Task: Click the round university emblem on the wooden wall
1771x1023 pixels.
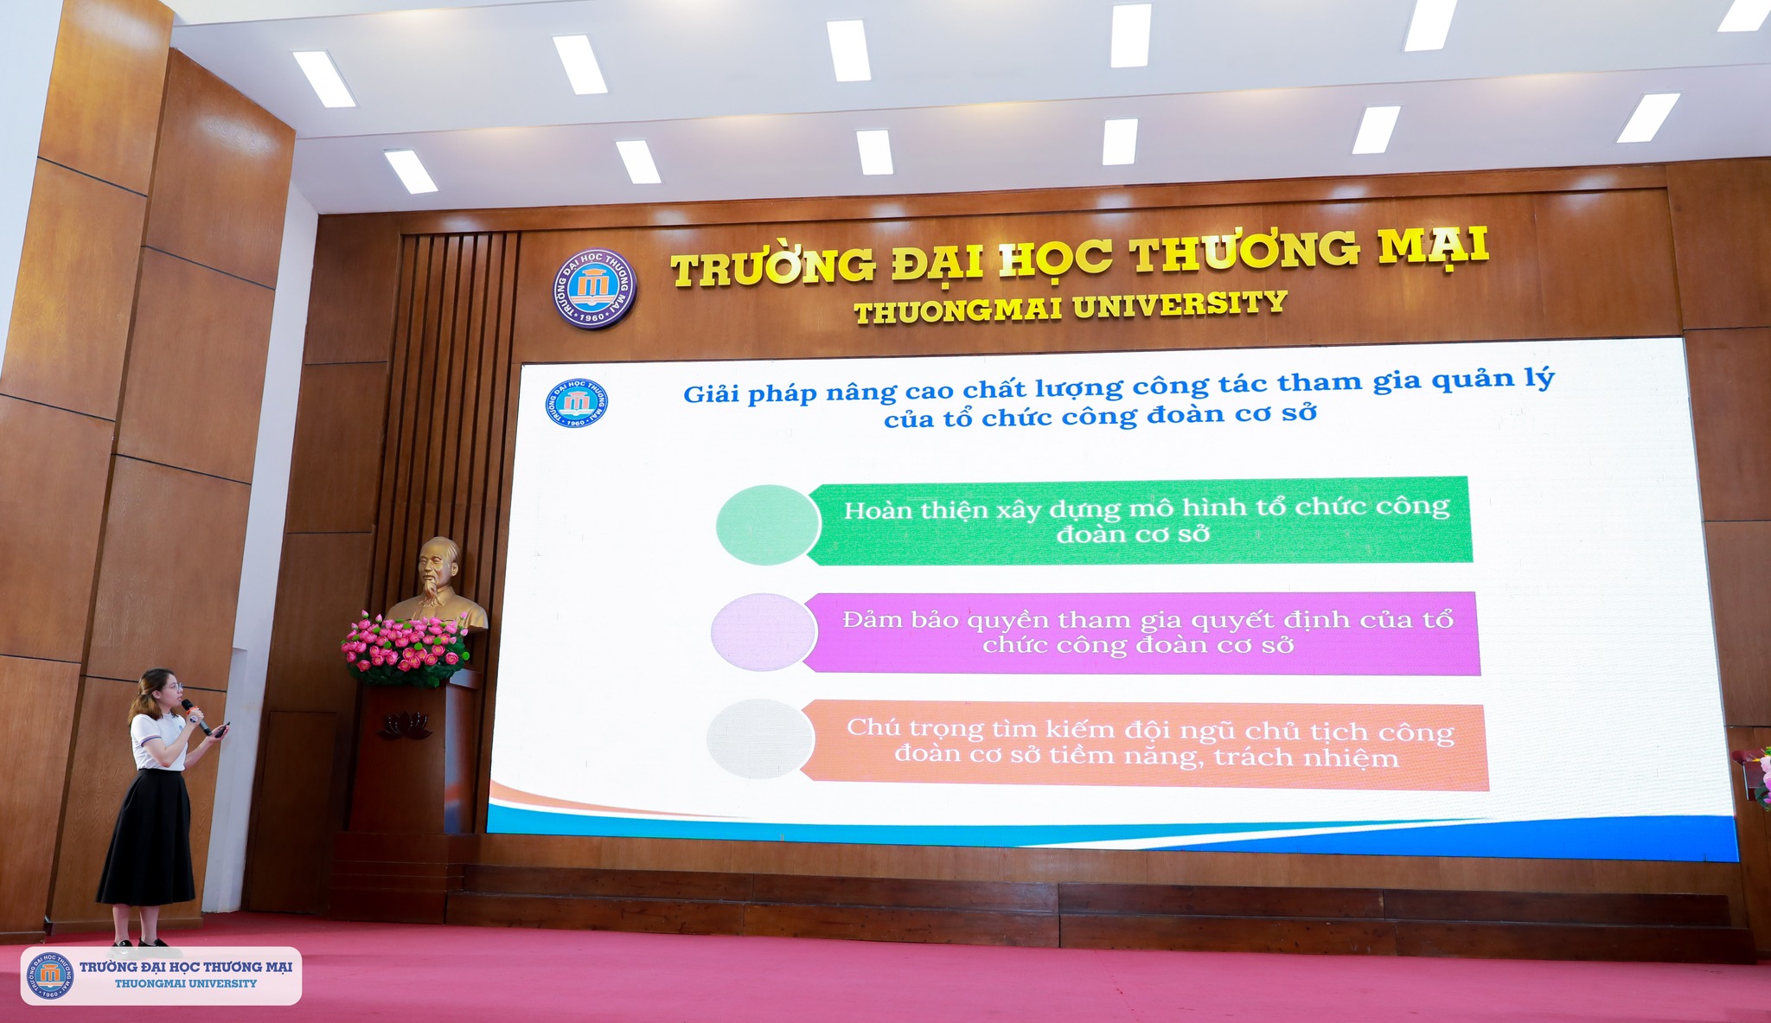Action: click(595, 289)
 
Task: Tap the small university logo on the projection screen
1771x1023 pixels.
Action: click(577, 403)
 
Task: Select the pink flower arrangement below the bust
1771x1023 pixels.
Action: click(406, 649)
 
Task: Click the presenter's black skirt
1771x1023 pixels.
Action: click(148, 838)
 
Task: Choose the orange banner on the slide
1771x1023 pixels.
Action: click(1143, 745)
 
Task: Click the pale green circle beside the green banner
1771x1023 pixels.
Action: click(768, 525)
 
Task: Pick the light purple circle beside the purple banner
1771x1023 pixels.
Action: click(764, 632)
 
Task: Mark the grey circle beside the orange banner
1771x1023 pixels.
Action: click(761, 739)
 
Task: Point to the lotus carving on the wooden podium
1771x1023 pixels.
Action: click(404, 725)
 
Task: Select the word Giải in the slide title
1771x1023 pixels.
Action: click(712, 394)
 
